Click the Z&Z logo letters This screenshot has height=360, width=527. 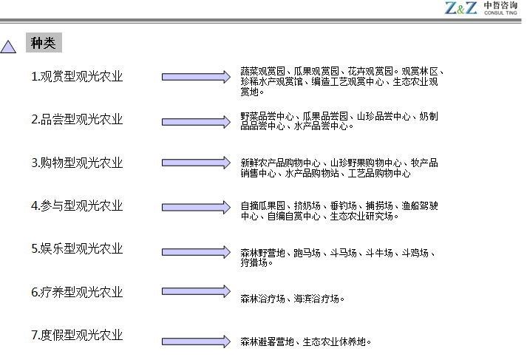pyautogui.click(x=461, y=8)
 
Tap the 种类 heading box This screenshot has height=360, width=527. pyautogui.click(x=44, y=43)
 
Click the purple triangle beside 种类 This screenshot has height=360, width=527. pyautogui.click(x=8, y=47)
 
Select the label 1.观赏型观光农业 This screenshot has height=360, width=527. pyautogui.click(x=77, y=76)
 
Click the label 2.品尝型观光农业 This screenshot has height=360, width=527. pyautogui.click(x=77, y=119)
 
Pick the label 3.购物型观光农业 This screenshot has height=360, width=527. pyautogui.click(x=77, y=163)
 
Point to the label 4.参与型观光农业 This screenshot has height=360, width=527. pyautogui.click(x=77, y=206)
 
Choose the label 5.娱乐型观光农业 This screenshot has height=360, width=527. pyautogui.click(x=77, y=248)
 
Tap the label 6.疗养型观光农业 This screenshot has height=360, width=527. pyautogui.click(x=77, y=292)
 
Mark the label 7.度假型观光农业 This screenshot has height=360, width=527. pyautogui.click(x=77, y=335)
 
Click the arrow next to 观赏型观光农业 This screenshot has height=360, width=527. pyautogui.click(x=196, y=77)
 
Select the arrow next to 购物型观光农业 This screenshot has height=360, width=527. pyautogui.click(x=196, y=163)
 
